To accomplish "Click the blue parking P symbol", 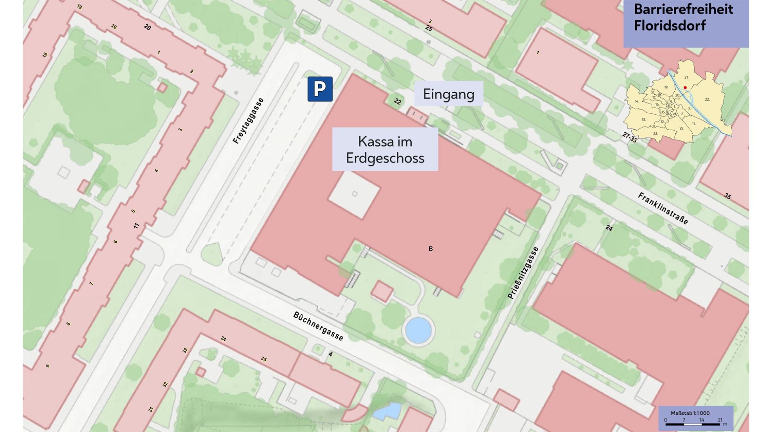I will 320,89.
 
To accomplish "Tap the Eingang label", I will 448,94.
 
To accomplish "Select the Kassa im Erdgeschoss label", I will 385,149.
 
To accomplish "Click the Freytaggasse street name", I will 248,121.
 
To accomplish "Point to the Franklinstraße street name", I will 663,208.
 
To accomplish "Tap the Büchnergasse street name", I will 318,326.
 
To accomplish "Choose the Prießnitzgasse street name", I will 523,273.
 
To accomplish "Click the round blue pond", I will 418,330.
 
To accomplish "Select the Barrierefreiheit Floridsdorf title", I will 683,17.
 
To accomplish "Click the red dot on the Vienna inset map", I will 685,87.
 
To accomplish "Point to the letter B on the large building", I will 430,249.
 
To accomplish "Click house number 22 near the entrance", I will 398,101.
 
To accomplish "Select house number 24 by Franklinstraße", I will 609,228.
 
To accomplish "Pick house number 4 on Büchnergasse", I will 330,354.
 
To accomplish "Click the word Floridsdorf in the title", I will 670,26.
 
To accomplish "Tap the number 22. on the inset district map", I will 707,99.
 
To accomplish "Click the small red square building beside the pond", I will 382,291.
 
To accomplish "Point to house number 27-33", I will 630,137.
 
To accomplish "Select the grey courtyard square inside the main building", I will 354,194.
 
